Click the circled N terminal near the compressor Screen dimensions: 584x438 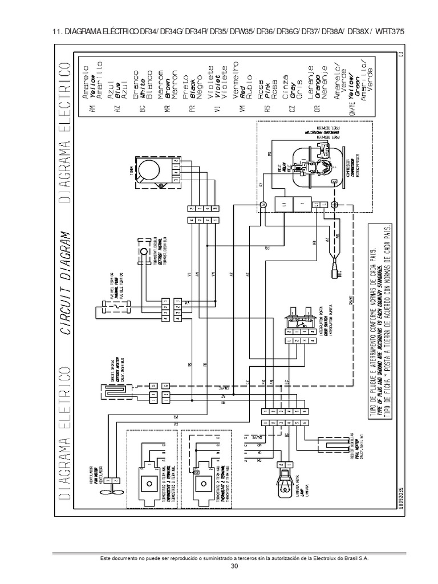pyautogui.click(x=264, y=204)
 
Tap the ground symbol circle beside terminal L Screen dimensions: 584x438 pyautogui.click(x=334, y=204)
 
